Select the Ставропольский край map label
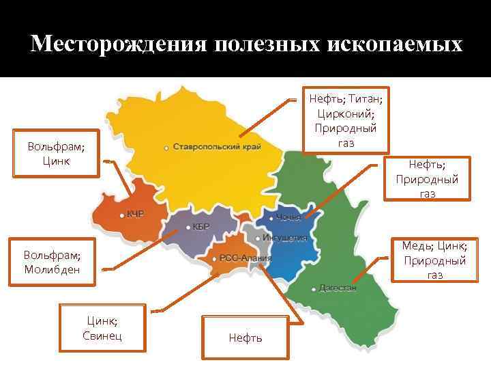[217, 147]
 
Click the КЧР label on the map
[135, 214]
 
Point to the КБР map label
[200, 227]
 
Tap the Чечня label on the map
[288, 218]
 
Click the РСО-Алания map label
[245, 258]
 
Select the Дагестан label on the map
[338, 288]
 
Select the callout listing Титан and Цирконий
[346, 120]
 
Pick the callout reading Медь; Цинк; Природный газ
[434, 260]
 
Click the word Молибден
[52, 269]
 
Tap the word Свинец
[102, 336]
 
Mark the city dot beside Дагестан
[314, 288]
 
